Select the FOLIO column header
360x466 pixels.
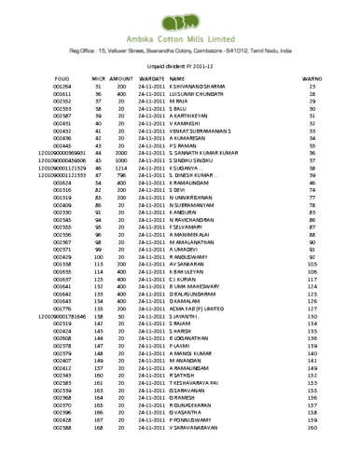pos(63,78)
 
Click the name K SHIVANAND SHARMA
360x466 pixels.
pos(203,87)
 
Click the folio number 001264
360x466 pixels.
pos(63,87)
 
